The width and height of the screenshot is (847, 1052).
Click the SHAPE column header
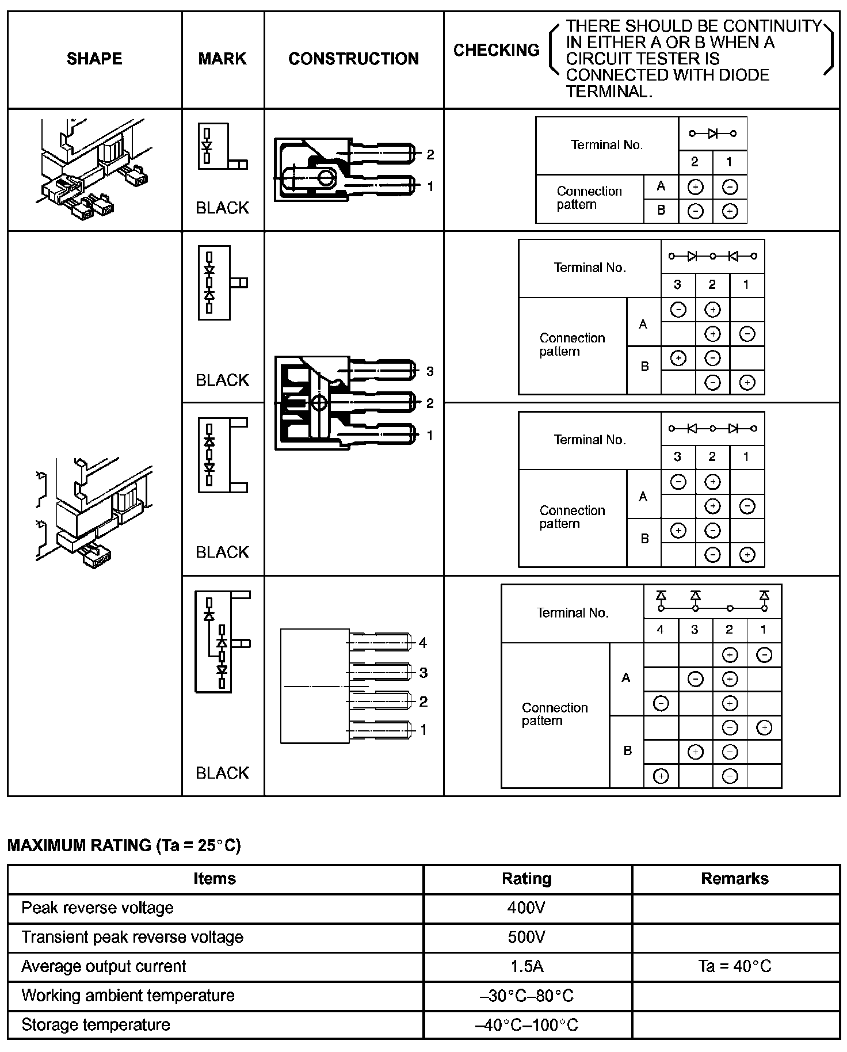(94, 59)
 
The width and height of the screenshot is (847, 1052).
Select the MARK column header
(222, 59)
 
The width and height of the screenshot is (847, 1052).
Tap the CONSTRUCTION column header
(353, 59)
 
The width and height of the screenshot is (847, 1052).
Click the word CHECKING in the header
(496, 51)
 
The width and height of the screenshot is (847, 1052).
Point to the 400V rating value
(526, 908)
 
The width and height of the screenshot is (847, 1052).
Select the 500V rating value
(526, 937)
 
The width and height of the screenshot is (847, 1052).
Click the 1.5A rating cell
(526, 966)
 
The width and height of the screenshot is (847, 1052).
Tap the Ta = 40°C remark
(735, 966)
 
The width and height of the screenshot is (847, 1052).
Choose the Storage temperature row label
(96, 1025)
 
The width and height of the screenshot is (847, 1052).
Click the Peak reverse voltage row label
(97, 908)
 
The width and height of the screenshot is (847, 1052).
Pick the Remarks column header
(735, 879)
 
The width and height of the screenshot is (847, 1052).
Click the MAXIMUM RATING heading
(124, 845)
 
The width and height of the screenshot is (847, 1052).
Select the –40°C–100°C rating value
(526, 1025)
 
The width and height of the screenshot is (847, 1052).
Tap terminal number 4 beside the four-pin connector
(424, 643)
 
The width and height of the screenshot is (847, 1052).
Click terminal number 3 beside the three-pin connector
(430, 372)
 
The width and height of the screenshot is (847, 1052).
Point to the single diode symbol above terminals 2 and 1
(713, 134)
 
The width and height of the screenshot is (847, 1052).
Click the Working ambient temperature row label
(128, 996)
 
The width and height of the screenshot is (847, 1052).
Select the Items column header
(215, 879)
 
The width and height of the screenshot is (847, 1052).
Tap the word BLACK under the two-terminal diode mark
(222, 208)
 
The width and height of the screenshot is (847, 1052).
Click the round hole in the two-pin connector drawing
(326, 179)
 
